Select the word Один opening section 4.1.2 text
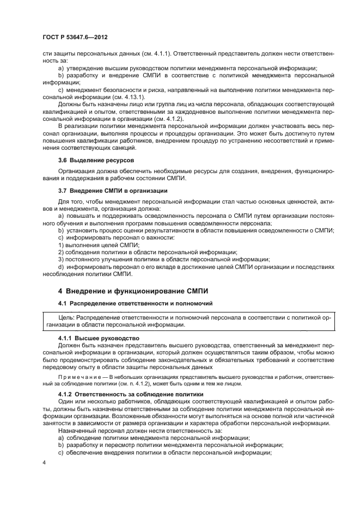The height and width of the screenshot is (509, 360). point(65,401)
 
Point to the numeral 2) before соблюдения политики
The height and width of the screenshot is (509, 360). point(61,252)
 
